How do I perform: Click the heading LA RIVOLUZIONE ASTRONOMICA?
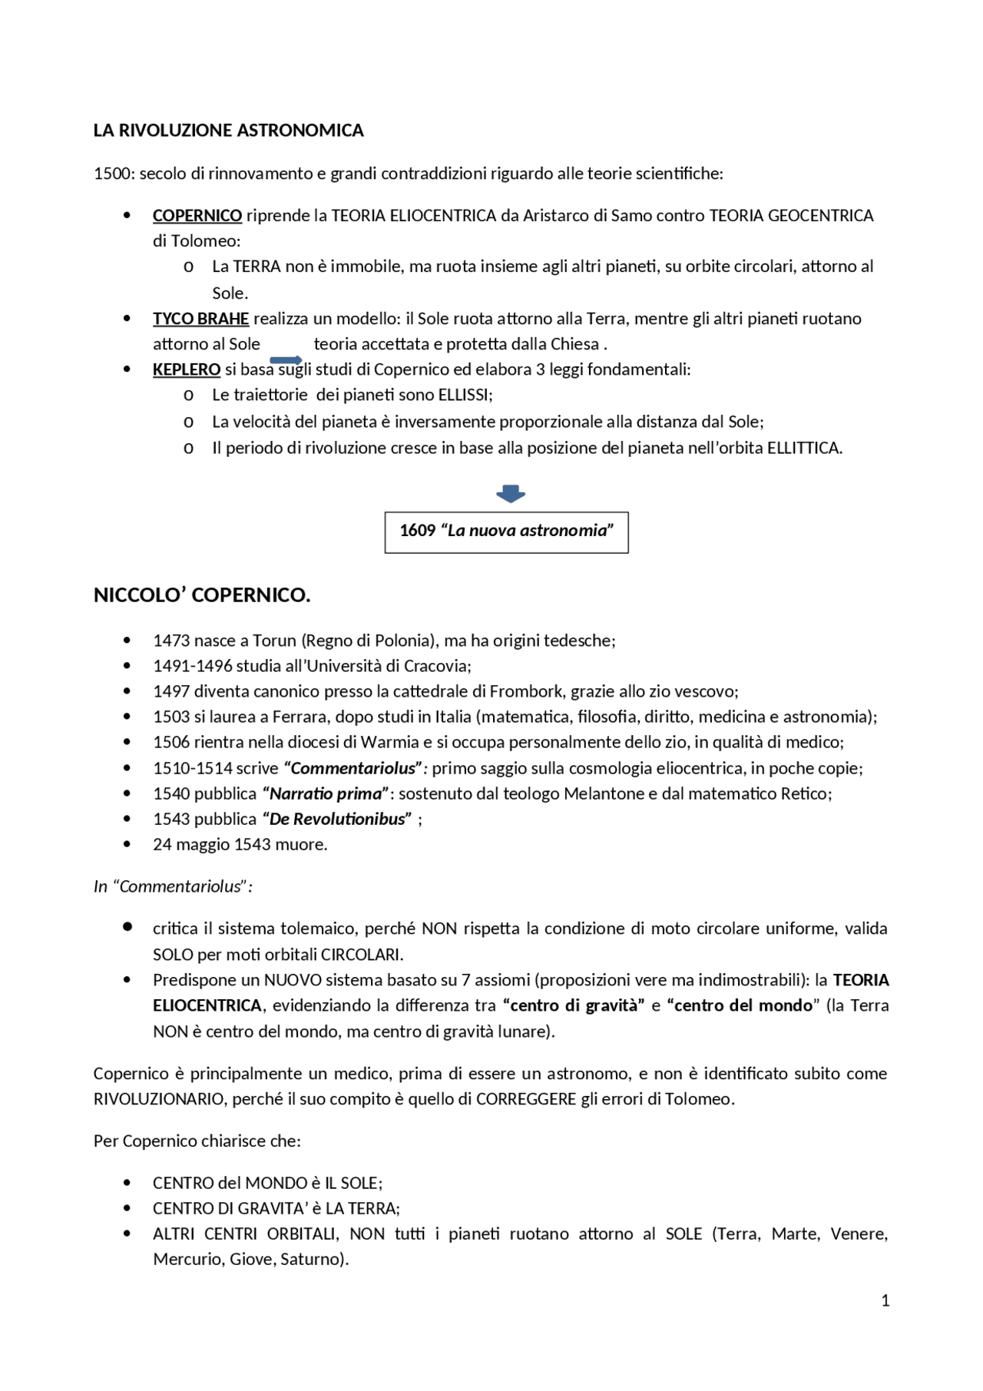pyautogui.click(x=228, y=131)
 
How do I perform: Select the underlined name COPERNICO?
pyautogui.click(x=197, y=216)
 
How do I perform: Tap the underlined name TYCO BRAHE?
pyautogui.click(x=200, y=319)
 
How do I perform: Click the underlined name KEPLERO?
pyautogui.click(x=187, y=369)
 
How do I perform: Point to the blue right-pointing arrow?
pyautogui.click(x=286, y=360)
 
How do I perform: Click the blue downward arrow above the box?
pyautogui.click(x=511, y=494)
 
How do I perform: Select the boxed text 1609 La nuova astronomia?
pyautogui.click(x=506, y=531)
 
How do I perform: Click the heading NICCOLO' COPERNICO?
pyautogui.click(x=202, y=595)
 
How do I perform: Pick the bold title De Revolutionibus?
pyautogui.click(x=337, y=819)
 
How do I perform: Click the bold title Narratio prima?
pyautogui.click(x=326, y=793)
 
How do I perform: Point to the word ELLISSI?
pyautogui.click(x=465, y=395)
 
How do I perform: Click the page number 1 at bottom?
pyautogui.click(x=885, y=1300)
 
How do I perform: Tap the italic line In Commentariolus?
pyautogui.click(x=173, y=886)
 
